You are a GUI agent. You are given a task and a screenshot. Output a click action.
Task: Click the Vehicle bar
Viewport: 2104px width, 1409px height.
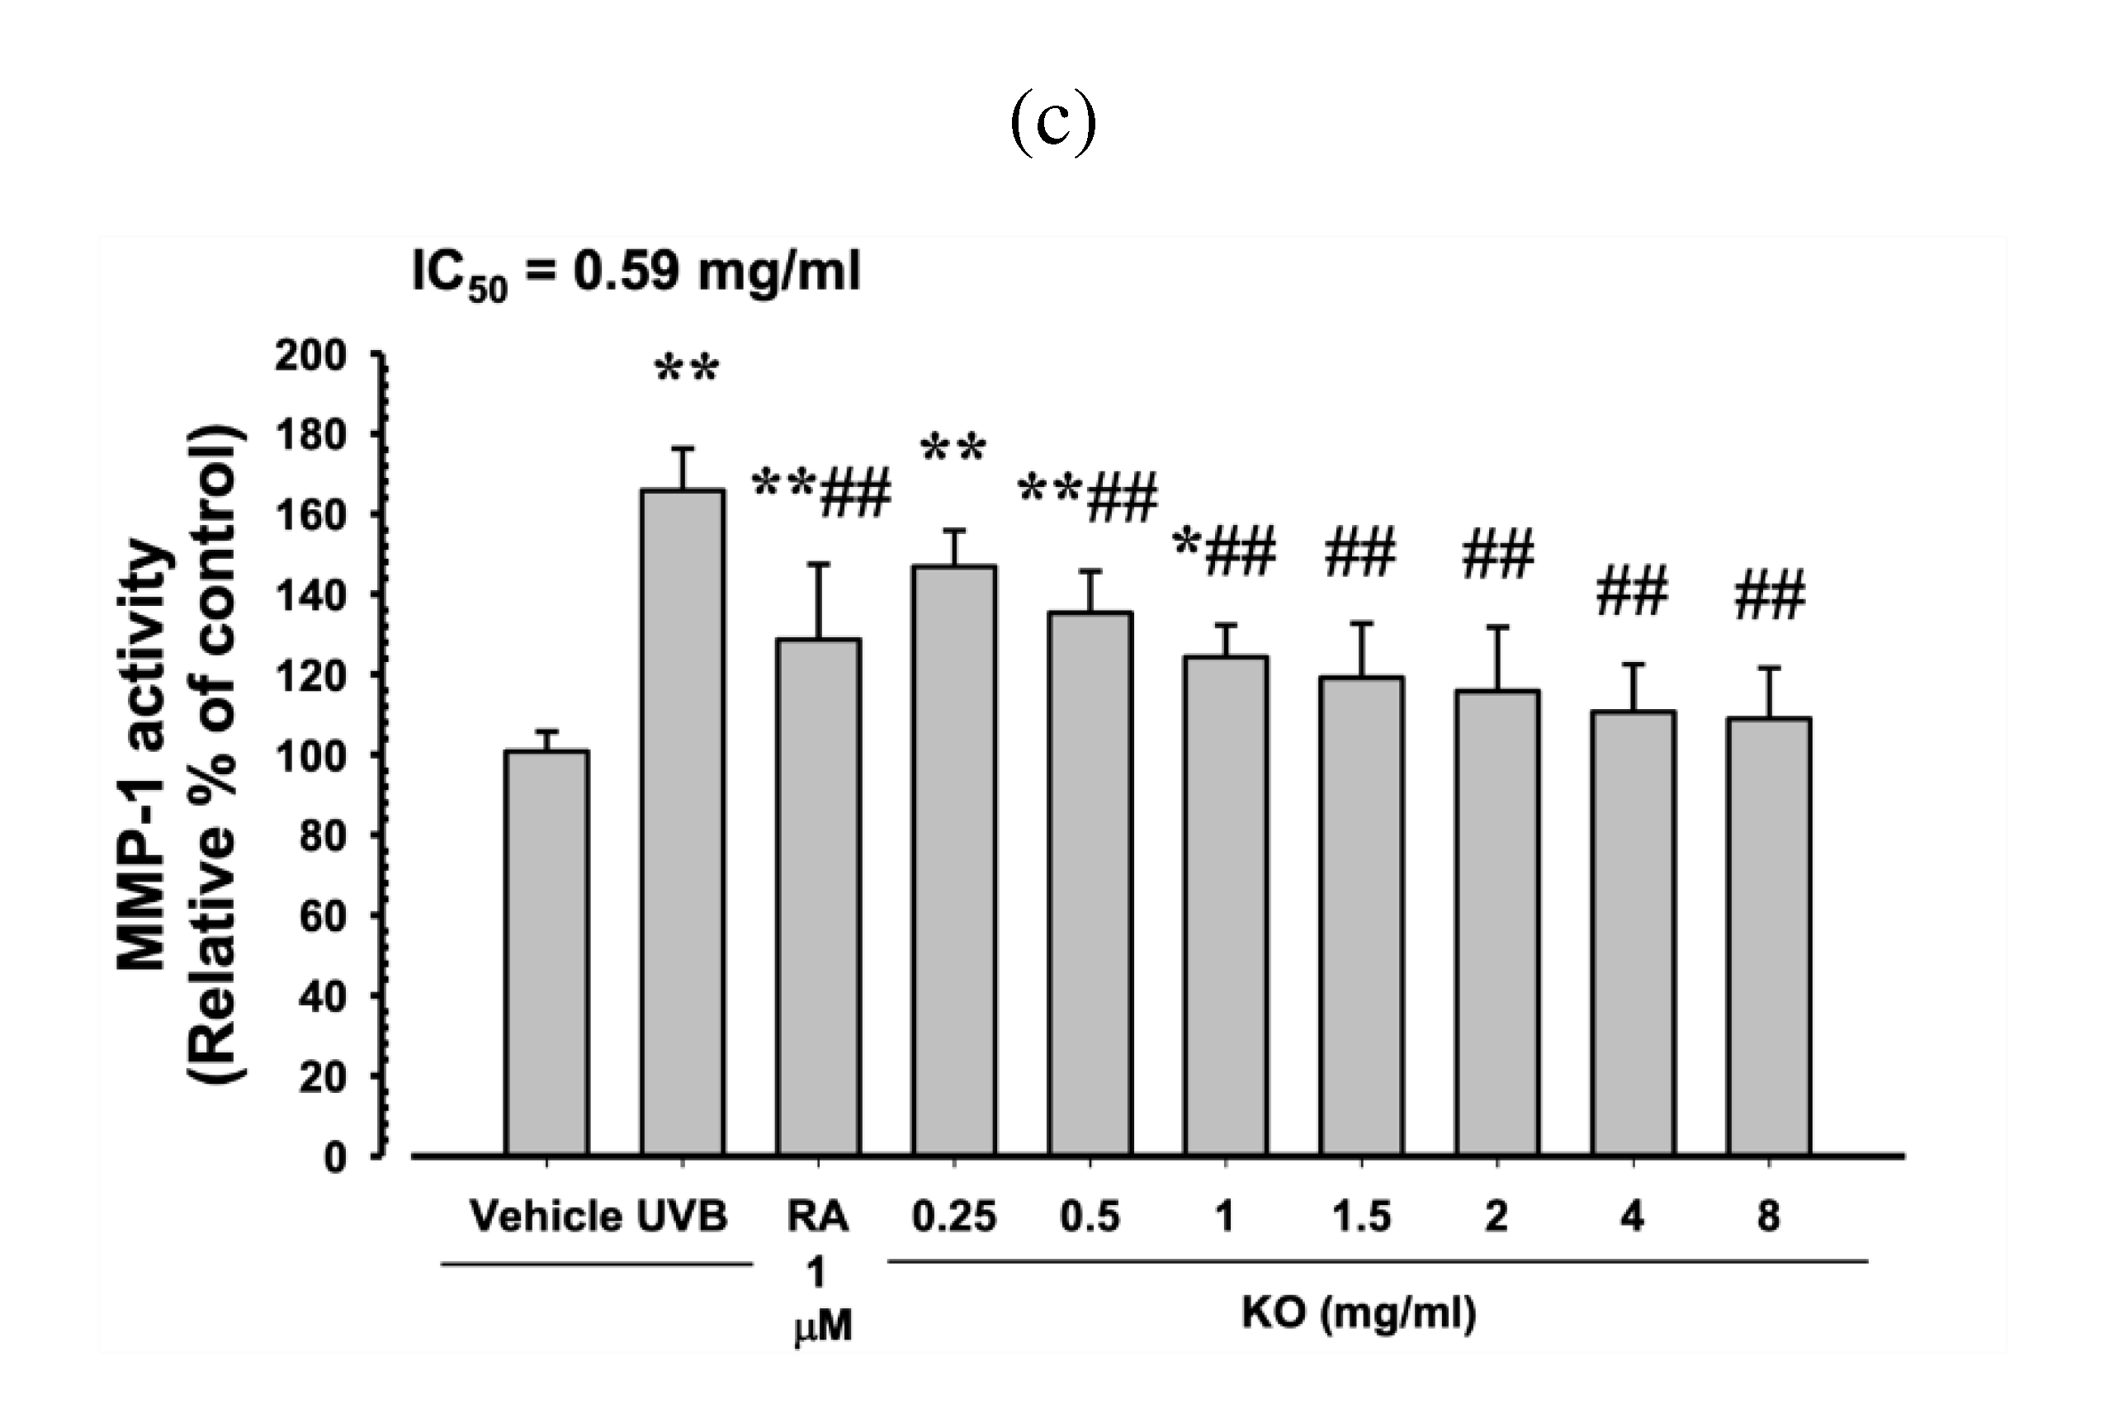pos(547,953)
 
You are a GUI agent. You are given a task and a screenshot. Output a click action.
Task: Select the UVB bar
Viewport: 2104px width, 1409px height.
pos(683,822)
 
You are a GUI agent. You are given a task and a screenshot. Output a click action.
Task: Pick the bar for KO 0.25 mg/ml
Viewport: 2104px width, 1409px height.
pos(954,860)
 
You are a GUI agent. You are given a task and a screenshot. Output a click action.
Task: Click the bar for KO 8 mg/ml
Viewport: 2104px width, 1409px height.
pos(1768,935)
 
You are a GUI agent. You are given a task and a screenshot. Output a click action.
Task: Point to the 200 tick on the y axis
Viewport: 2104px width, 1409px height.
pos(311,357)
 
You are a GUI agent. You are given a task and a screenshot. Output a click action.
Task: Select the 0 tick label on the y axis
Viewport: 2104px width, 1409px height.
pos(334,1157)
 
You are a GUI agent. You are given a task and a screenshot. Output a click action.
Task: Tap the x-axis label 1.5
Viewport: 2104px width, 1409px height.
pos(1361,1217)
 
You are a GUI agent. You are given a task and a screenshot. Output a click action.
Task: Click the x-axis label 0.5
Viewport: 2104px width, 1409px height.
pos(1090,1217)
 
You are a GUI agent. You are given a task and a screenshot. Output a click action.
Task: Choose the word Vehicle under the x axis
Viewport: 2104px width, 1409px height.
pos(546,1217)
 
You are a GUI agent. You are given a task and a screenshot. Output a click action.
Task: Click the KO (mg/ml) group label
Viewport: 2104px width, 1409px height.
pos(1359,1313)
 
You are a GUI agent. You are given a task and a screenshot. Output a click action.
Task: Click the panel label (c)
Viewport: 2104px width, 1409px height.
pos(1053,124)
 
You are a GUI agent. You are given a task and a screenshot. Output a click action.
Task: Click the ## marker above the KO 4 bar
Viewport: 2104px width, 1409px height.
pos(1633,591)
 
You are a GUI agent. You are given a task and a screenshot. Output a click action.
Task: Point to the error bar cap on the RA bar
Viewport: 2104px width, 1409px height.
pos(819,565)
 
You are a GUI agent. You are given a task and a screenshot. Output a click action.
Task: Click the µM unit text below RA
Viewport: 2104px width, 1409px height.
pos(823,1326)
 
